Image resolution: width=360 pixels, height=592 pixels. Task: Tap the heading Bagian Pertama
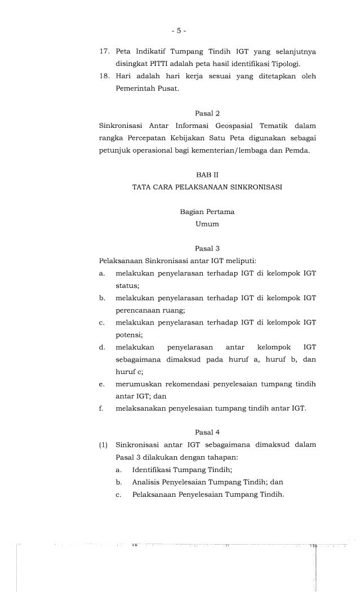tap(207, 212)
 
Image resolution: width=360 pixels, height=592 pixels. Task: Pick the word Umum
tap(207, 224)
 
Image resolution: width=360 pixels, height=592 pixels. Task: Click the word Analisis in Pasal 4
tap(146, 482)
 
